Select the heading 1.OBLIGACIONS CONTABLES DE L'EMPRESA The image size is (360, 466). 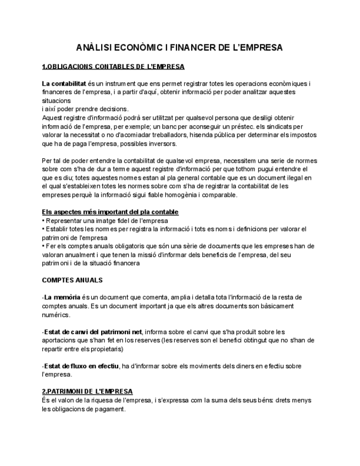(113, 67)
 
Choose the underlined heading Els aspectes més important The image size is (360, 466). (110, 212)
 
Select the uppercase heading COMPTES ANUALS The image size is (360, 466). (72, 280)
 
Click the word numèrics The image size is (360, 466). (56, 315)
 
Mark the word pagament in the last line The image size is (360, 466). (109, 409)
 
